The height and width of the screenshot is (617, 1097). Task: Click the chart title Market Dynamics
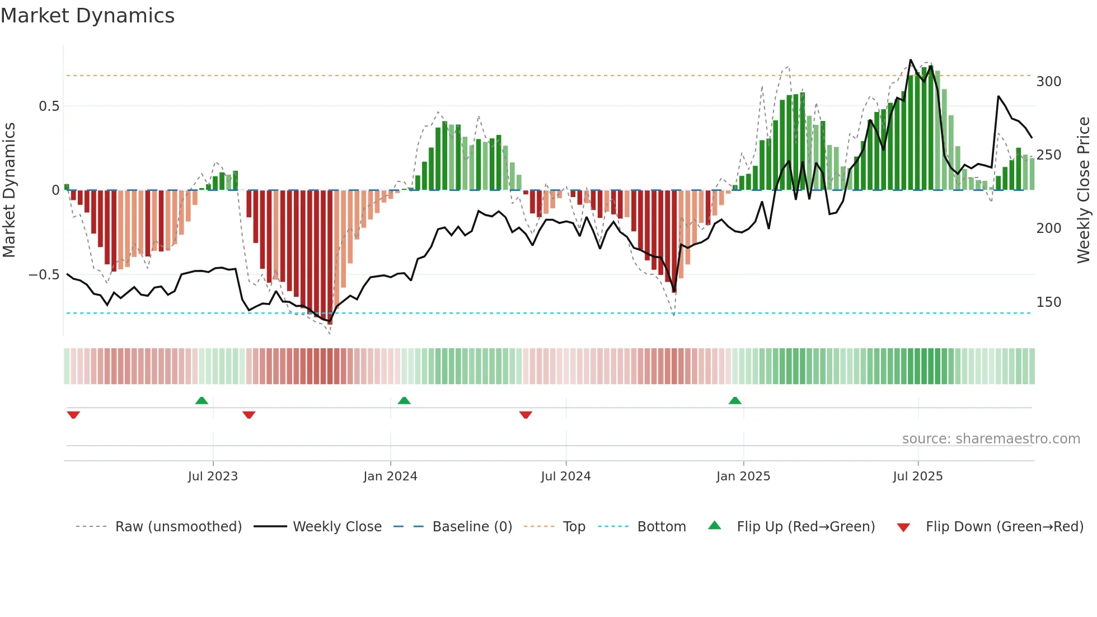tap(87, 16)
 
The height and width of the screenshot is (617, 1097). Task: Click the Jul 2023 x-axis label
tap(213, 476)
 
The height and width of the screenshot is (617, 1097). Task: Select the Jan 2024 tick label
tap(390, 476)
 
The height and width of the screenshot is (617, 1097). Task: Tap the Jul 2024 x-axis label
tap(566, 476)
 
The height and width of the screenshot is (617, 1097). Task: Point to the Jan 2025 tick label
tap(743, 476)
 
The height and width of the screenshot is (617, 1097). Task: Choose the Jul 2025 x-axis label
tap(918, 476)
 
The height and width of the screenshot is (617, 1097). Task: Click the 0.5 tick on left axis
tap(49, 106)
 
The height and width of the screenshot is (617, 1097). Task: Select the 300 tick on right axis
tap(1049, 82)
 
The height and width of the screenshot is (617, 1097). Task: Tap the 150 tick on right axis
tap(1049, 302)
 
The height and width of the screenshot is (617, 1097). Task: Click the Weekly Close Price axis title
tap(1084, 190)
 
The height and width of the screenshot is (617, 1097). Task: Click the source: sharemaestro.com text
tap(991, 439)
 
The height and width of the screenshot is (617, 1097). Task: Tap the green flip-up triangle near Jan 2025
tap(735, 400)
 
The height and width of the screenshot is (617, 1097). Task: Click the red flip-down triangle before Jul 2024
tap(526, 415)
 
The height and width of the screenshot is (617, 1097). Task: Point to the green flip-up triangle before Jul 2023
tap(201, 400)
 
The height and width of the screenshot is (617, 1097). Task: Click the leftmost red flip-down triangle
tap(73, 415)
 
